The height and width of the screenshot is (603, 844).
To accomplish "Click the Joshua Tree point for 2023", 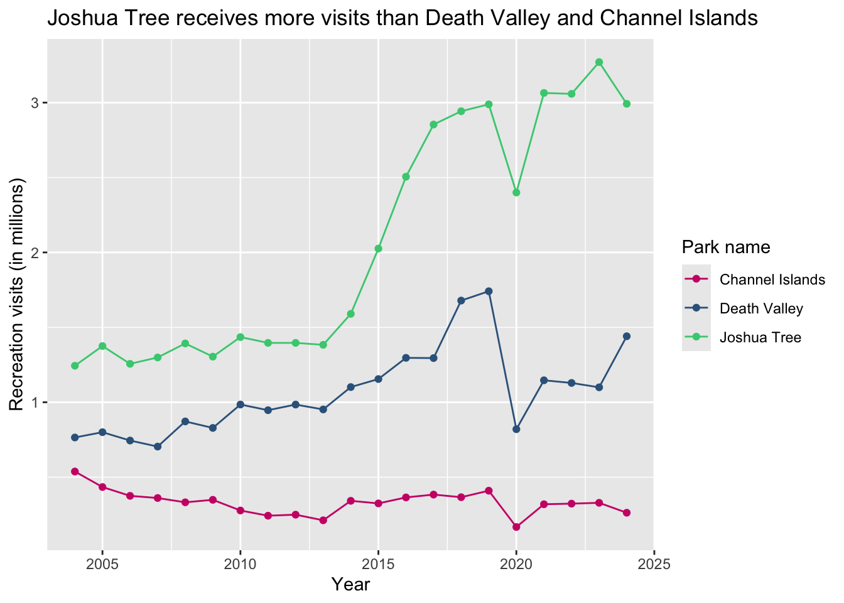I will point(599,62).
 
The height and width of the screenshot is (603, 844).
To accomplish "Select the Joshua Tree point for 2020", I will point(516,192).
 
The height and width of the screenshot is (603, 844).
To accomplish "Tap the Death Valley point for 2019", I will point(489,291).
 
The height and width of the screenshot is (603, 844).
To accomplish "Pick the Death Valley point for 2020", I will point(516,429).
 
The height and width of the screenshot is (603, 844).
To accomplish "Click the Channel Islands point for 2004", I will point(75,471).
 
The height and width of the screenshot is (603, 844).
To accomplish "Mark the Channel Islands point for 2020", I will point(516,527).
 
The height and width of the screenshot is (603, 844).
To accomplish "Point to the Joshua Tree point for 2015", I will point(378,249).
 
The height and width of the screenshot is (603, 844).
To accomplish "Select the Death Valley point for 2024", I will point(627,337).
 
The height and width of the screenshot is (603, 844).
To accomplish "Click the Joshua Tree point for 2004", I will point(75,366).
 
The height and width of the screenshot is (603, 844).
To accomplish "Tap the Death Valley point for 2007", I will point(158,447).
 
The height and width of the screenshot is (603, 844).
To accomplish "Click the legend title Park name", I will point(726,247).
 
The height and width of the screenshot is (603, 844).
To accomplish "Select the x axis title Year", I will point(350,585).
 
